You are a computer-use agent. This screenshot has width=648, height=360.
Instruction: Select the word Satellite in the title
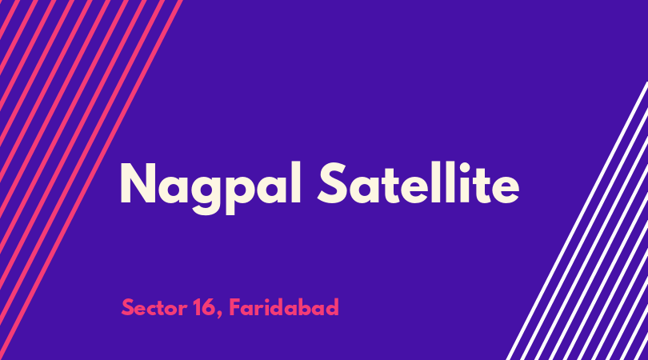(x=418, y=183)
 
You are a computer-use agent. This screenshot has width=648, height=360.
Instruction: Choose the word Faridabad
(x=284, y=307)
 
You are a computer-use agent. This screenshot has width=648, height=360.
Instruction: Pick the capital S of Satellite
(x=332, y=183)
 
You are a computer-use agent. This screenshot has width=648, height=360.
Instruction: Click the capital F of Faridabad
(x=235, y=307)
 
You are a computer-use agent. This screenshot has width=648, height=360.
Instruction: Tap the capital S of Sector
(x=128, y=307)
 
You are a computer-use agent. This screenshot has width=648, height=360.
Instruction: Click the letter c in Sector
(x=155, y=310)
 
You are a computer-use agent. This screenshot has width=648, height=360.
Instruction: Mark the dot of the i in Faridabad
(x=270, y=300)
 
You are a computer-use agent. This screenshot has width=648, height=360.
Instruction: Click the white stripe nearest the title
(x=577, y=221)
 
